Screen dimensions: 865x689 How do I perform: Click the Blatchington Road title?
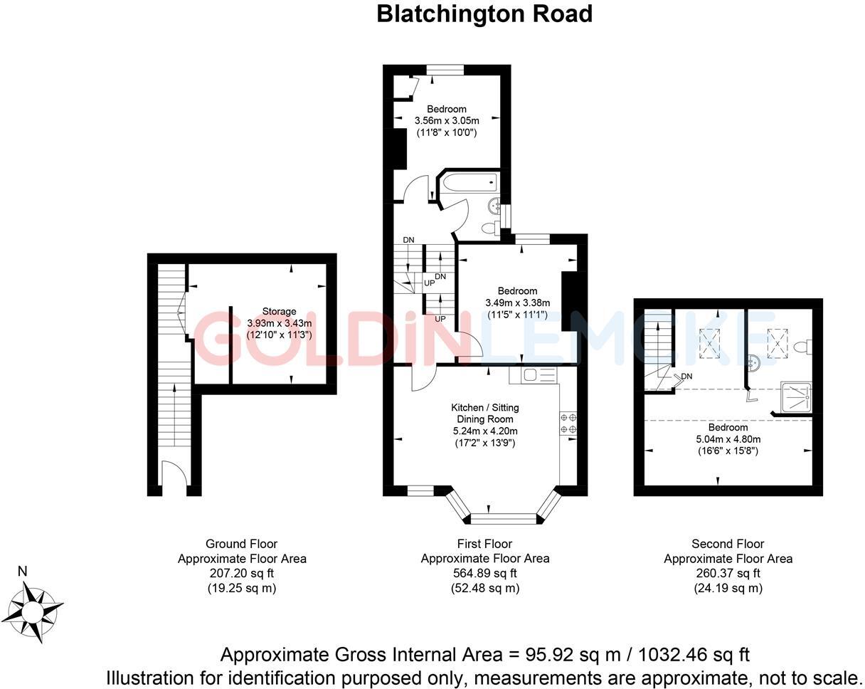point(484,14)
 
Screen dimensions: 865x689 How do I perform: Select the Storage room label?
point(279,311)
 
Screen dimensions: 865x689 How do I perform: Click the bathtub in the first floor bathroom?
point(469,184)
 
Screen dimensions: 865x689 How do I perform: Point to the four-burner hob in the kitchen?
point(568,424)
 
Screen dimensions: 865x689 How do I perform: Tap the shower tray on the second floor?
point(795,397)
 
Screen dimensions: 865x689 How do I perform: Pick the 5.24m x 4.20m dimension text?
point(484,431)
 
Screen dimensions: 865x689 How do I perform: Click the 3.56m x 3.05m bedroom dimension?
point(447,120)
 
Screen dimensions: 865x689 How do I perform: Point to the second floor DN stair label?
point(686,376)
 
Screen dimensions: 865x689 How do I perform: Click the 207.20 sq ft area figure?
point(242,573)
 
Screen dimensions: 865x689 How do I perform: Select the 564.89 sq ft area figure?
point(484,573)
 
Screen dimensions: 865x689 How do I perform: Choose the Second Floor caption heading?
point(728,544)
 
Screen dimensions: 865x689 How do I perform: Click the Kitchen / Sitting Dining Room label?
point(484,413)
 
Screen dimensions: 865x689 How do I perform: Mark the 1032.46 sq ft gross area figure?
point(694,655)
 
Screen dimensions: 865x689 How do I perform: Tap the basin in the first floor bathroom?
point(494,206)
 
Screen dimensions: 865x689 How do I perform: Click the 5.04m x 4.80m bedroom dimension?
point(728,439)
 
